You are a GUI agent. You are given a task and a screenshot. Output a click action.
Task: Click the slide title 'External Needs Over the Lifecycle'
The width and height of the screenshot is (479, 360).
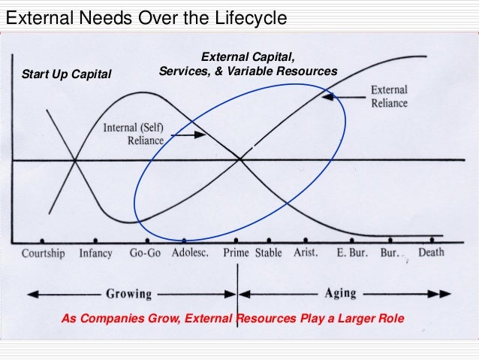tap(146, 17)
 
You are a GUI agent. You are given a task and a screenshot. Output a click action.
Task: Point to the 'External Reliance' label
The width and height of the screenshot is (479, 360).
tap(389, 97)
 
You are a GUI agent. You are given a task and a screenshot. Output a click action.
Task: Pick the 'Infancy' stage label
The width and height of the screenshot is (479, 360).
tap(96, 253)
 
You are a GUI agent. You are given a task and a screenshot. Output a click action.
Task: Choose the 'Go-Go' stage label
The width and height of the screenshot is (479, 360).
tap(145, 253)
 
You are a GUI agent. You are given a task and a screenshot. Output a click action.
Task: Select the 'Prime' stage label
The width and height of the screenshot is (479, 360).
tap(236, 253)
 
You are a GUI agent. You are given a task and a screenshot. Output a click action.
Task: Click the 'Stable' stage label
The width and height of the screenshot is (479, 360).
tap(269, 253)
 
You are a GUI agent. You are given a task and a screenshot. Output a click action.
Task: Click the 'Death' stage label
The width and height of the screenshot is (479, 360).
tap(431, 253)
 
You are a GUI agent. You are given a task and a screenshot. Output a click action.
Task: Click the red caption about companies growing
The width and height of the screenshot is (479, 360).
tap(232, 319)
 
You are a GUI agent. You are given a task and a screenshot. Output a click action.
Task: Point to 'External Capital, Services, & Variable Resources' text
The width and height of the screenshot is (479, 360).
tap(248, 65)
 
